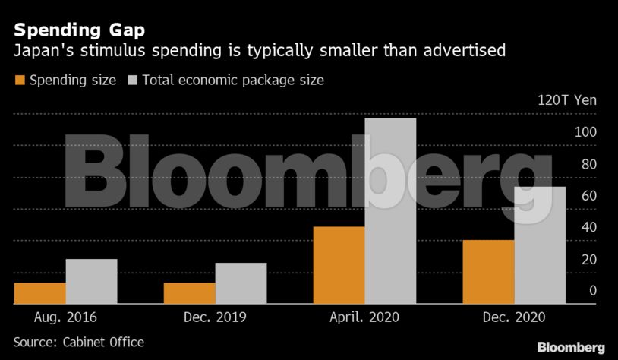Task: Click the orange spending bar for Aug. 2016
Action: [x=40, y=293]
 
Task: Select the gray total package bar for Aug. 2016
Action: [x=91, y=281]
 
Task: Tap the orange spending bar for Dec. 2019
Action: [x=190, y=293]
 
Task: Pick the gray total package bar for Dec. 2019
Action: [x=241, y=283]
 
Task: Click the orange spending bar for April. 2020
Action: [x=339, y=265]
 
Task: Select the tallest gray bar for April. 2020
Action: [x=390, y=211]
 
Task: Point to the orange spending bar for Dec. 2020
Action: [x=488, y=272]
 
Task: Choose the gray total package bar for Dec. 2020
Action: [x=540, y=245]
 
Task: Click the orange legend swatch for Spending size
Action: [x=20, y=80]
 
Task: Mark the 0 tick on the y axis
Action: [x=592, y=291]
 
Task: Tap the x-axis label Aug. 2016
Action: [x=66, y=317]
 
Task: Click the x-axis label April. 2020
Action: [x=365, y=317]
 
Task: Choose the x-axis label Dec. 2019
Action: [x=216, y=317]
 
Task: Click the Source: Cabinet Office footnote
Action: [x=79, y=343]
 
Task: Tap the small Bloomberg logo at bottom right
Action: [x=571, y=347]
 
